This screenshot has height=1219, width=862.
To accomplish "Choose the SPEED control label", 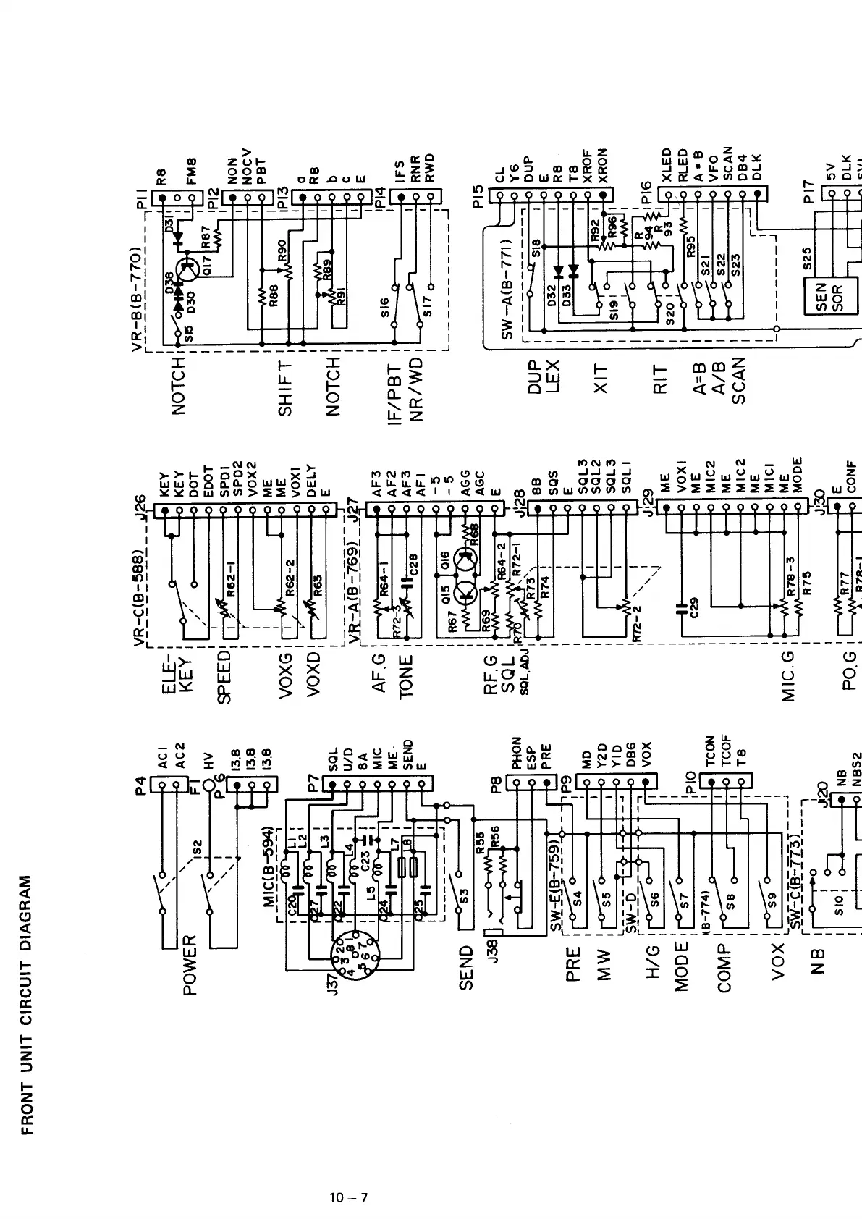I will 224,677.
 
